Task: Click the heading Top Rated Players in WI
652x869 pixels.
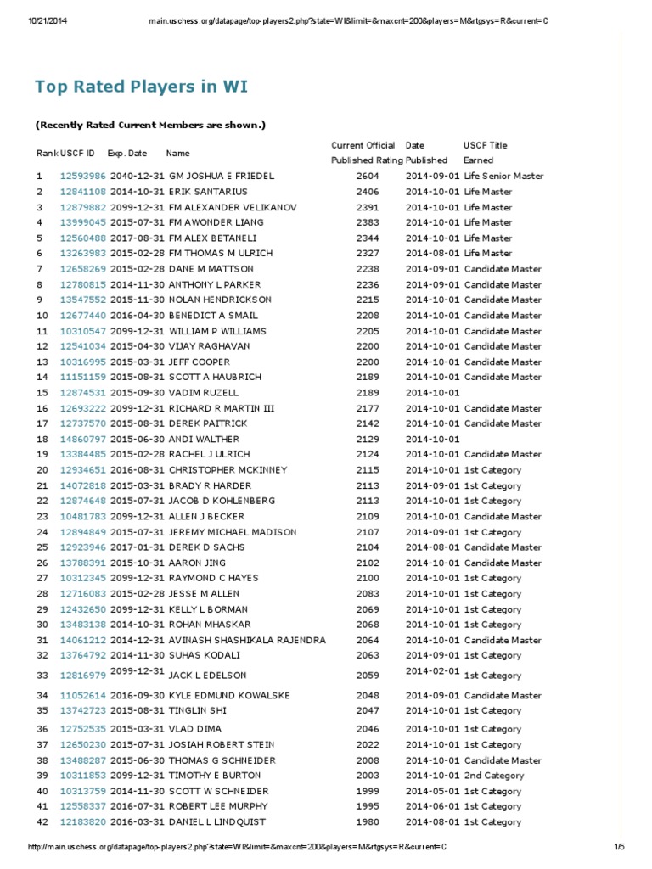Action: pos(141,87)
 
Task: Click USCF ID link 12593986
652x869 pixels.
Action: pos(83,176)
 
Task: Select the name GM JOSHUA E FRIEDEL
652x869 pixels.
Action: pos(222,176)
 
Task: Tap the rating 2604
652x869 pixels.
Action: pos(368,176)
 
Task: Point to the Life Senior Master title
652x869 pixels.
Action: pos(503,176)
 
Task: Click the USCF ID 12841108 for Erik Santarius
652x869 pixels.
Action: pos(83,192)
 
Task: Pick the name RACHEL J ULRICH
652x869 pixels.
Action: pos(209,455)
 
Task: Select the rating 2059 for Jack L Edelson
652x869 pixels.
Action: pos(368,676)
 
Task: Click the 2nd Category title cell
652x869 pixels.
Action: pos(494,776)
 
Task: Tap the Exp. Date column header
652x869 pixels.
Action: pos(127,154)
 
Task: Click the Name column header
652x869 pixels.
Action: pos(177,154)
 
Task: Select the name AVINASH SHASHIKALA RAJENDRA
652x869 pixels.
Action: pos(247,641)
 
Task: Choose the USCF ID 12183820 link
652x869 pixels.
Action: pos(83,822)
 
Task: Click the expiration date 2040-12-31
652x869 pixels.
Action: pos(138,176)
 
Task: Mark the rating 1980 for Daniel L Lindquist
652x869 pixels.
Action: pos(368,822)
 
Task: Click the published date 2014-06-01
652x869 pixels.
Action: pos(433,807)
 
